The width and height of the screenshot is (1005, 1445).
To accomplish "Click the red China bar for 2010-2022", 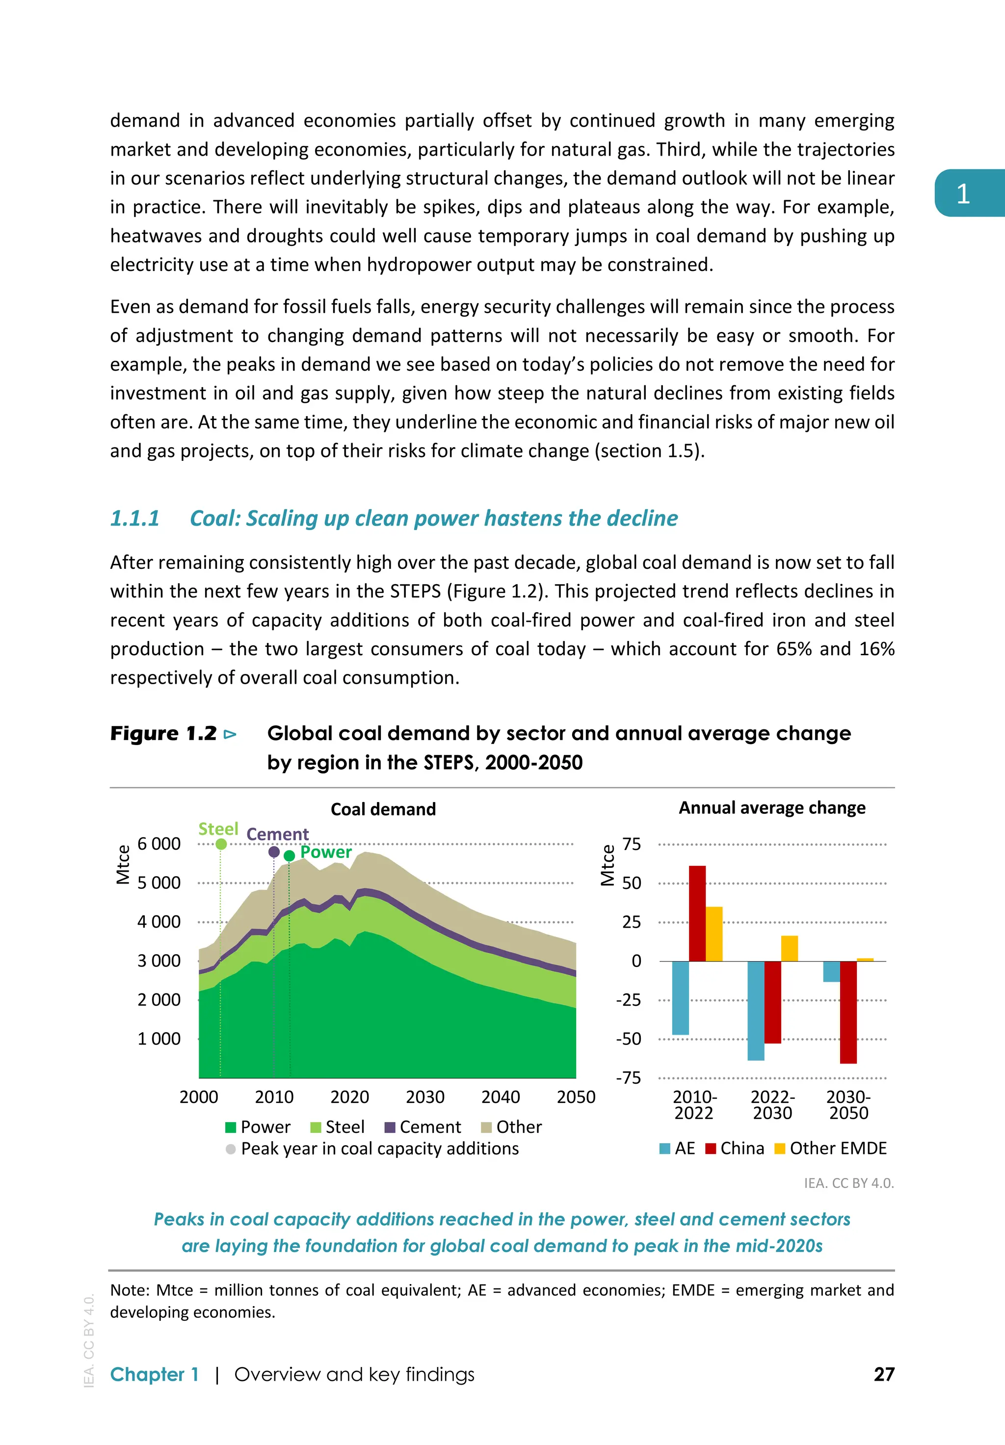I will point(697,913).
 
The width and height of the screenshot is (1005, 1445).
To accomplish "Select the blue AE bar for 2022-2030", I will point(755,1010).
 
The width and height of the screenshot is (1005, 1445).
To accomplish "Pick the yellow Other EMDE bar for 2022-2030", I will point(789,948).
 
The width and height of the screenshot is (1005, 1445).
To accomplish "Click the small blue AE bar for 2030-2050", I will point(831,971).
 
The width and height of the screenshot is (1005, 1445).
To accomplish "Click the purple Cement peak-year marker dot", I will point(274,852).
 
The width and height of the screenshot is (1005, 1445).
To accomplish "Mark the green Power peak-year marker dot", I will point(290,856).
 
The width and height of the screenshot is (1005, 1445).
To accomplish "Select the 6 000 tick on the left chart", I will point(159,844).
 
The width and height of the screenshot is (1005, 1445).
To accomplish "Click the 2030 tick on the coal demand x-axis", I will point(425,1097).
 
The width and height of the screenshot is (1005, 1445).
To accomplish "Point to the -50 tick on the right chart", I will point(628,1039).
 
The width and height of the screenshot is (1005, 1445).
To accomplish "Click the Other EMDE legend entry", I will point(829,1148).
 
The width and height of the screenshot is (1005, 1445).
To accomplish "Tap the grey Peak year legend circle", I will point(231,1149).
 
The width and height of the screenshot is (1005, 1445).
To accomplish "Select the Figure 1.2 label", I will point(163,733).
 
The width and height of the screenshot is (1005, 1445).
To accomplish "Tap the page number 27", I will point(883,1374).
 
